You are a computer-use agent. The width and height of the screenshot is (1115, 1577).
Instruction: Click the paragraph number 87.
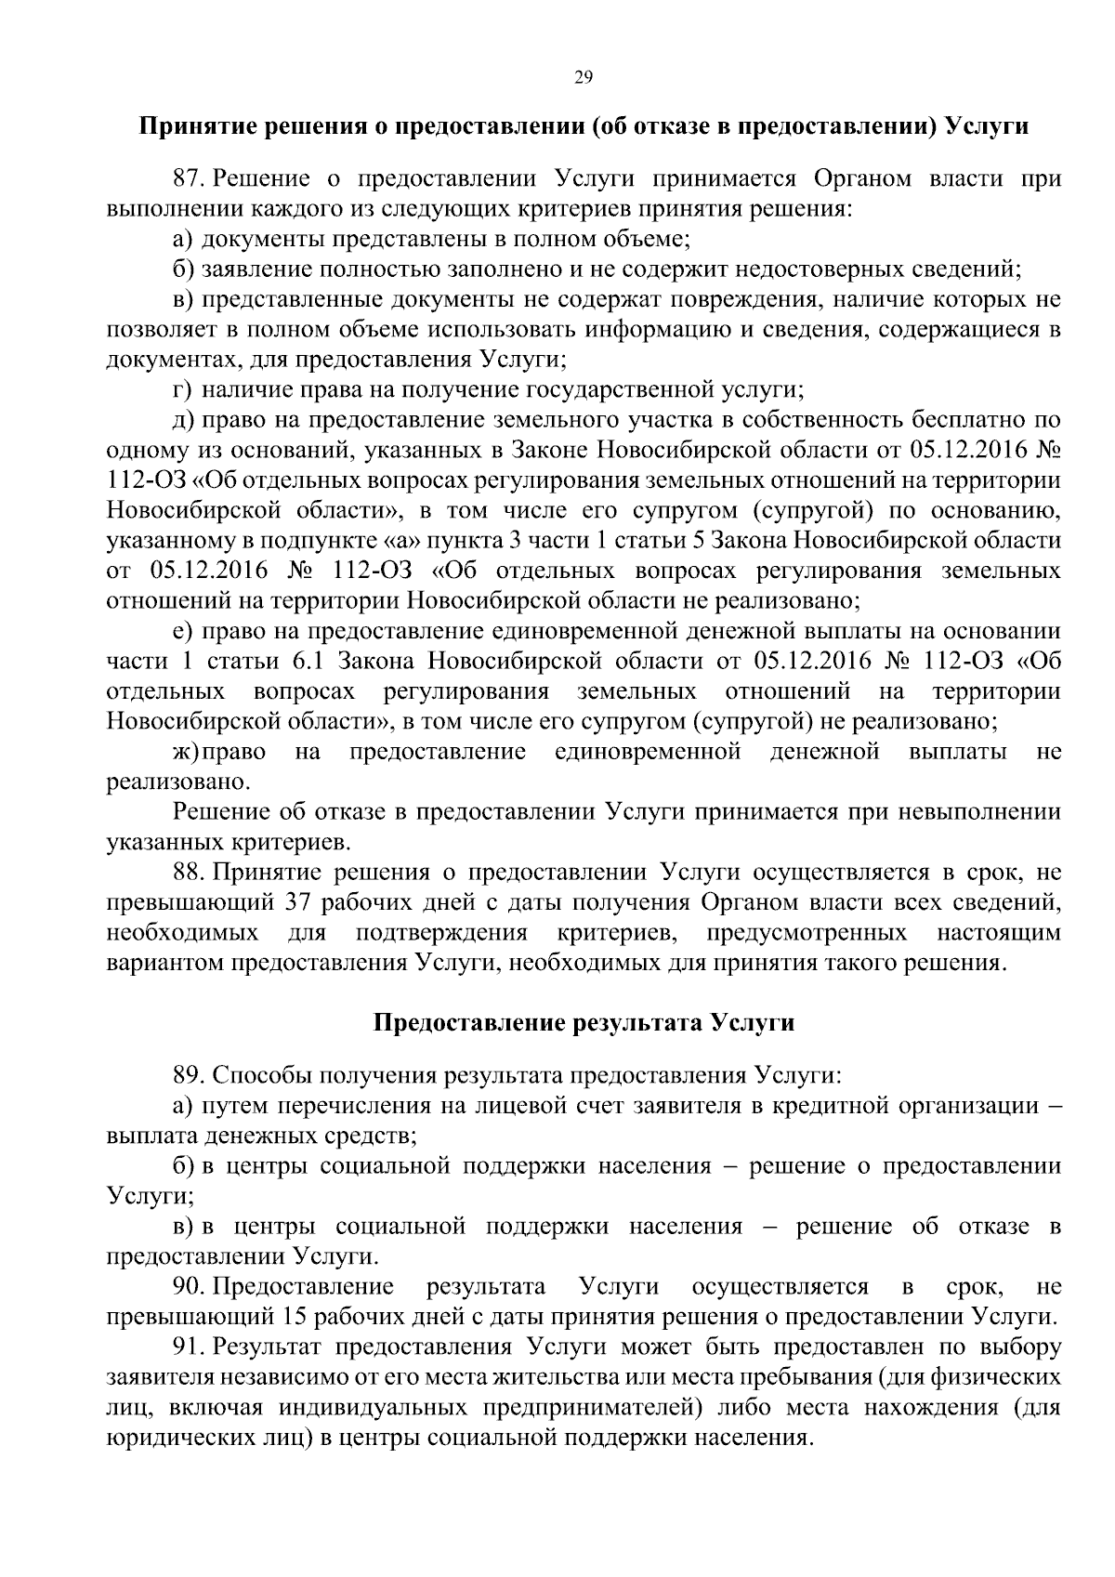(190, 180)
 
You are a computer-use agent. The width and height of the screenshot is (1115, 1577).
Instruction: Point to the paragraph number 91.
(190, 1347)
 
